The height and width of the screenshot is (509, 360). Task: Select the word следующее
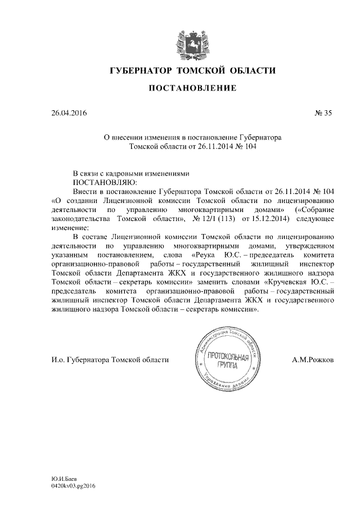point(314,219)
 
